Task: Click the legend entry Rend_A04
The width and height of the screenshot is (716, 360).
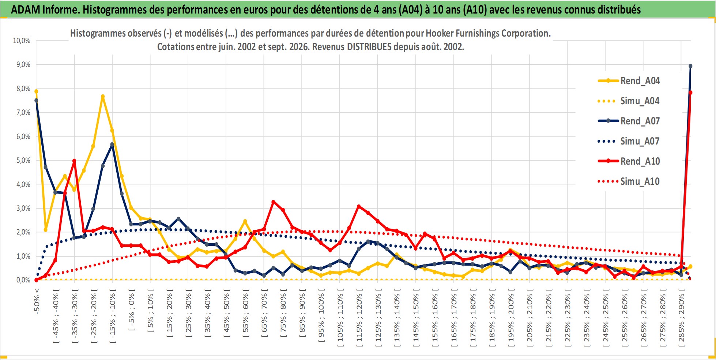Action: (629, 81)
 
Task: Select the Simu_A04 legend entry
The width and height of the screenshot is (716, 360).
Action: (629, 101)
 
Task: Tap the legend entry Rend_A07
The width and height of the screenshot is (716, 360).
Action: (629, 121)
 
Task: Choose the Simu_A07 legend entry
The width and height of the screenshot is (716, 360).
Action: (629, 141)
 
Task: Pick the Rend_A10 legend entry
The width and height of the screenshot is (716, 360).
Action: (629, 161)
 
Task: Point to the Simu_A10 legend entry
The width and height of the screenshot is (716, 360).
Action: (629, 181)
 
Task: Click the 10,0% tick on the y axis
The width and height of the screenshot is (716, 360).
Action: (22, 41)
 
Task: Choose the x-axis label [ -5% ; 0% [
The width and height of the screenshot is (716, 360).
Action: (132, 310)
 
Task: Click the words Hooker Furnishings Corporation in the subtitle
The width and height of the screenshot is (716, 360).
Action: (488, 33)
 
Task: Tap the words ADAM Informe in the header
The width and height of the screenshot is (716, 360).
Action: (45, 10)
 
